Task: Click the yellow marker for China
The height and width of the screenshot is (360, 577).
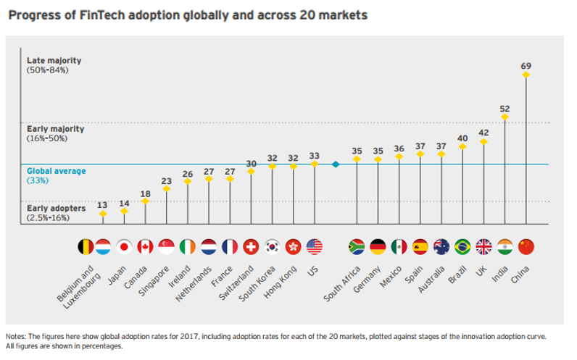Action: (x=526, y=74)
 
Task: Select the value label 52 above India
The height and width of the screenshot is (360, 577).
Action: (x=505, y=108)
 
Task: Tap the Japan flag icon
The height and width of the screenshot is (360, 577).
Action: (x=125, y=247)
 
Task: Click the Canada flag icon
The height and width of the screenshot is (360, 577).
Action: (x=146, y=247)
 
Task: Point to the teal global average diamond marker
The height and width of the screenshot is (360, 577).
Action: (x=336, y=164)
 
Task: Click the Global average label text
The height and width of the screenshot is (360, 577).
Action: (x=57, y=172)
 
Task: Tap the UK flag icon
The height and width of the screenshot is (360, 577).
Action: (x=484, y=247)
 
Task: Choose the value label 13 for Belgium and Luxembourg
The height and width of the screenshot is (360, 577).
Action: (x=103, y=205)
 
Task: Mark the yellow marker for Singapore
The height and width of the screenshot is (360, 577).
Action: (x=167, y=189)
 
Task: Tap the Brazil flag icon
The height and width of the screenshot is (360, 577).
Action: (x=463, y=247)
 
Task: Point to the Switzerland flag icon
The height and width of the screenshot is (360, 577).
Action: (x=252, y=247)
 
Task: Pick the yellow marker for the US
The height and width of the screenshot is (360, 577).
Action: (x=315, y=164)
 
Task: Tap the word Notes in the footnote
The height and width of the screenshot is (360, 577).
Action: (x=16, y=337)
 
